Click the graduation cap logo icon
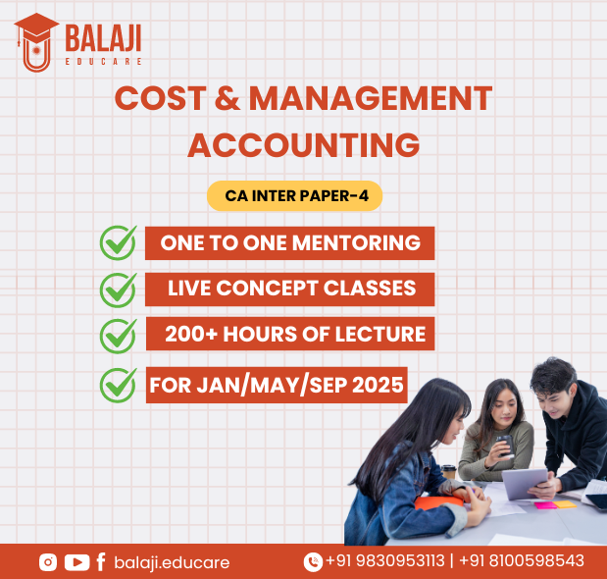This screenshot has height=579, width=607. point(37,42)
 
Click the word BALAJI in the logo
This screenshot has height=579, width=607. point(103,38)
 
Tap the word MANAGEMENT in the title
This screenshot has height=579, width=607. point(370,98)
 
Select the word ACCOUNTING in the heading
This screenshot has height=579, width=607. point(304,145)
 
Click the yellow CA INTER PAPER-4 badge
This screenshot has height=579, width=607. point(294,196)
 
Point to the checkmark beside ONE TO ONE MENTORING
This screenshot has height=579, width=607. point(119,242)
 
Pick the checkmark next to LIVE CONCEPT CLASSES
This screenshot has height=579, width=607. point(119,289)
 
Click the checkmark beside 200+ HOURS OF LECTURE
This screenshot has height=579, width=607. point(119,336)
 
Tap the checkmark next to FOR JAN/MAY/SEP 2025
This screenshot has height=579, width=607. point(119,385)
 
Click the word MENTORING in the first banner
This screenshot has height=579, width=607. point(356,243)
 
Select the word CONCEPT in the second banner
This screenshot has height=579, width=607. point(267,289)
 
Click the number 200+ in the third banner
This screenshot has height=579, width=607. point(191,334)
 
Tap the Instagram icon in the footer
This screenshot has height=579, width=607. point(48,562)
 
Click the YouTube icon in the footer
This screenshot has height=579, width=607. point(76,562)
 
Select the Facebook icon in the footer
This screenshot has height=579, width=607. point(101,562)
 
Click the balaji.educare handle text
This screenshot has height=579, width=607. point(172,562)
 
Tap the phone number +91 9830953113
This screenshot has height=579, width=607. point(385,560)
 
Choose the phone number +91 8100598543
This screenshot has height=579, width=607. point(522,560)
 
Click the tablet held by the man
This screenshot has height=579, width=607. point(525,483)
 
